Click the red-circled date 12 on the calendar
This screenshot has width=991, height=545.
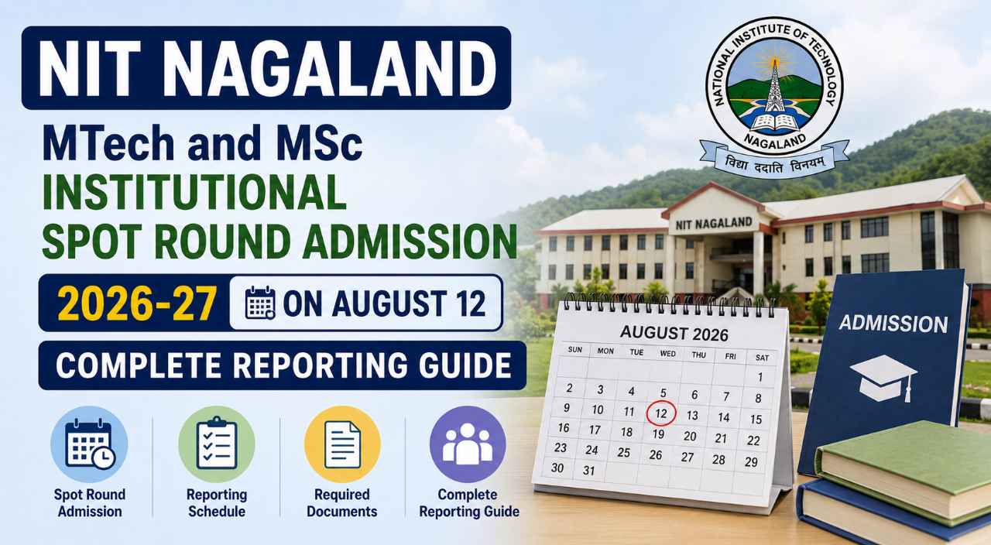click(x=661, y=413)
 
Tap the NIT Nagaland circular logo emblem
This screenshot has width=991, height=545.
click(x=774, y=86)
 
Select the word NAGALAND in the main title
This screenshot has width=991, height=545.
click(x=333, y=69)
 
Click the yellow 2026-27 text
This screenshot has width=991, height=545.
click(x=137, y=303)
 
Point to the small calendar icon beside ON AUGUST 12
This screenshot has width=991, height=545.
click(x=260, y=303)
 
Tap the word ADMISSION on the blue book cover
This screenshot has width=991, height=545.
click(x=893, y=324)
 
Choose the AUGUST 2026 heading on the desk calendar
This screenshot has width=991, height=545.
click(x=674, y=333)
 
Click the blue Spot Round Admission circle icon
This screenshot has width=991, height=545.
click(x=89, y=444)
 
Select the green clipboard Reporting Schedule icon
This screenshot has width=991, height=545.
click(x=217, y=444)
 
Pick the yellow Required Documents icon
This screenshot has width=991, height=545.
click(x=342, y=444)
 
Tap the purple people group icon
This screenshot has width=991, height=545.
click(x=468, y=444)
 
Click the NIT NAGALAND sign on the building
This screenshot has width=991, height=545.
click(x=714, y=225)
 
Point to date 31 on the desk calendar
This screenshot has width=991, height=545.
click(x=588, y=470)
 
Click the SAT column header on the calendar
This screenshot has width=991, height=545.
click(x=763, y=358)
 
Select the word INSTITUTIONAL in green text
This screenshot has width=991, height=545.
click(x=194, y=192)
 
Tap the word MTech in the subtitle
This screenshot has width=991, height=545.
click(x=108, y=143)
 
